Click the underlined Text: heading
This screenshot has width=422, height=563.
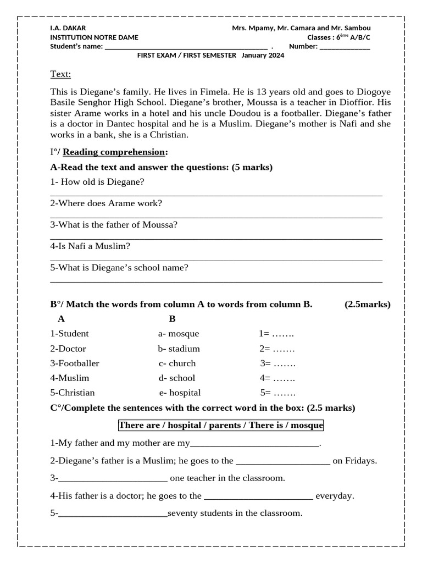60,74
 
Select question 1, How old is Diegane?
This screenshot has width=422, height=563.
97,182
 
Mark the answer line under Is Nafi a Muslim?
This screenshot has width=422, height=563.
216,260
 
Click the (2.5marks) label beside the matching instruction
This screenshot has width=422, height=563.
368,304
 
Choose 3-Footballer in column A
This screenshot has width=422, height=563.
75,363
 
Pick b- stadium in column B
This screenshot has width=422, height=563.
179,349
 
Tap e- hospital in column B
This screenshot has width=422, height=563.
180,393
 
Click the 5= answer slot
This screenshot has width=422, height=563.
278,393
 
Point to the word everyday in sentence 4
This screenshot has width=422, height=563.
335,496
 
